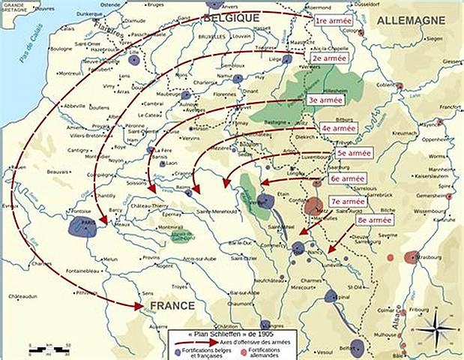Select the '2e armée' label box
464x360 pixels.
coord(328,57)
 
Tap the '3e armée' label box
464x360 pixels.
coord(325,99)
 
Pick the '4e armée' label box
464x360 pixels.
coord(340,128)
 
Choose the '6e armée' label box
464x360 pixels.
coord(348,178)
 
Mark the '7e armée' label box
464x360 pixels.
coord(348,202)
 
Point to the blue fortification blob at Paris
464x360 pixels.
coord(82,227)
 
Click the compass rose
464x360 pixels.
coord(433,327)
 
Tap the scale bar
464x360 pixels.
coord(49,349)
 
